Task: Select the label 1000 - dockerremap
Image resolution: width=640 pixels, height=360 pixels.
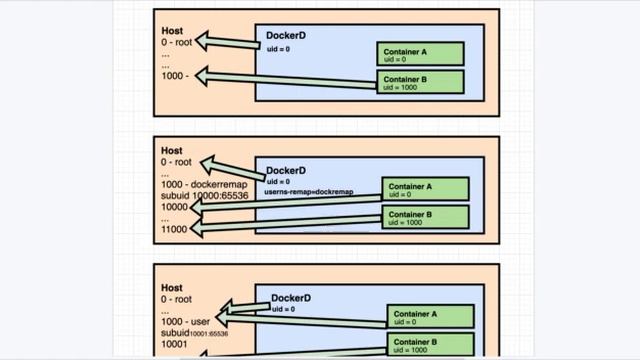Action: pyautogui.click(x=202, y=184)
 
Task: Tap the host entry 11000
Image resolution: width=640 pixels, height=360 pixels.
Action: pyautogui.click(x=175, y=229)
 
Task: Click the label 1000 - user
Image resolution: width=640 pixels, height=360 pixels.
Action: pyautogui.click(x=187, y=322)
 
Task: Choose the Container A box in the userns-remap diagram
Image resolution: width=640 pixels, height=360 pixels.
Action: pyautogui.click(x=425, y=189)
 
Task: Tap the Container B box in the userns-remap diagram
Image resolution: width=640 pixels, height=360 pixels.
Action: pyautogui.click(x=425, y=217)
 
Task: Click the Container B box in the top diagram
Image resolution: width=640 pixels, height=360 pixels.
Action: pyautogui.click(x=420, y=81)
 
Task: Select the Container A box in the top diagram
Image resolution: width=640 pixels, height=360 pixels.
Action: pyautogui.click(x=420, y=54)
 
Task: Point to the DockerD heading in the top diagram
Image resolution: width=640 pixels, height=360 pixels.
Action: pyautogui.click(x=285, y=36)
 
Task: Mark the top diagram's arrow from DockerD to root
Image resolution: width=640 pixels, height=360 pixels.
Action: pyautogui.click(x=228, y=41)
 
